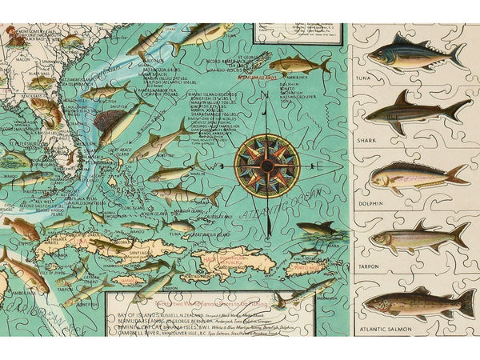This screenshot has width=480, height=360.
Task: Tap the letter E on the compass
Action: pos(319,166)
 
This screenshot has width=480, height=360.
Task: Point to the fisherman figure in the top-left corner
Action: pos(13,34)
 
